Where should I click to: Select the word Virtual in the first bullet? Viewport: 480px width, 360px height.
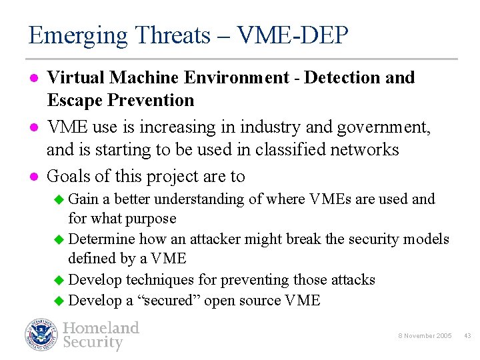(76, 78)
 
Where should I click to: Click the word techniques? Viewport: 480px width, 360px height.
(158, 280)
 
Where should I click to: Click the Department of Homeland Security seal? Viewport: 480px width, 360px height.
(42, 335)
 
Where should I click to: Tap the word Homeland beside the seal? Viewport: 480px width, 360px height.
(101, 327)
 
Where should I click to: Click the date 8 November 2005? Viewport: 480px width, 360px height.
(426, 336)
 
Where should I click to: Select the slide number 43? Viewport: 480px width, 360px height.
(467, 336)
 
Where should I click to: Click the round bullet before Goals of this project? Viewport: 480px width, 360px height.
(33, 177)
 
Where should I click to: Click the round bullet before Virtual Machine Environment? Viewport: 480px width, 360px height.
(33, 78)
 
